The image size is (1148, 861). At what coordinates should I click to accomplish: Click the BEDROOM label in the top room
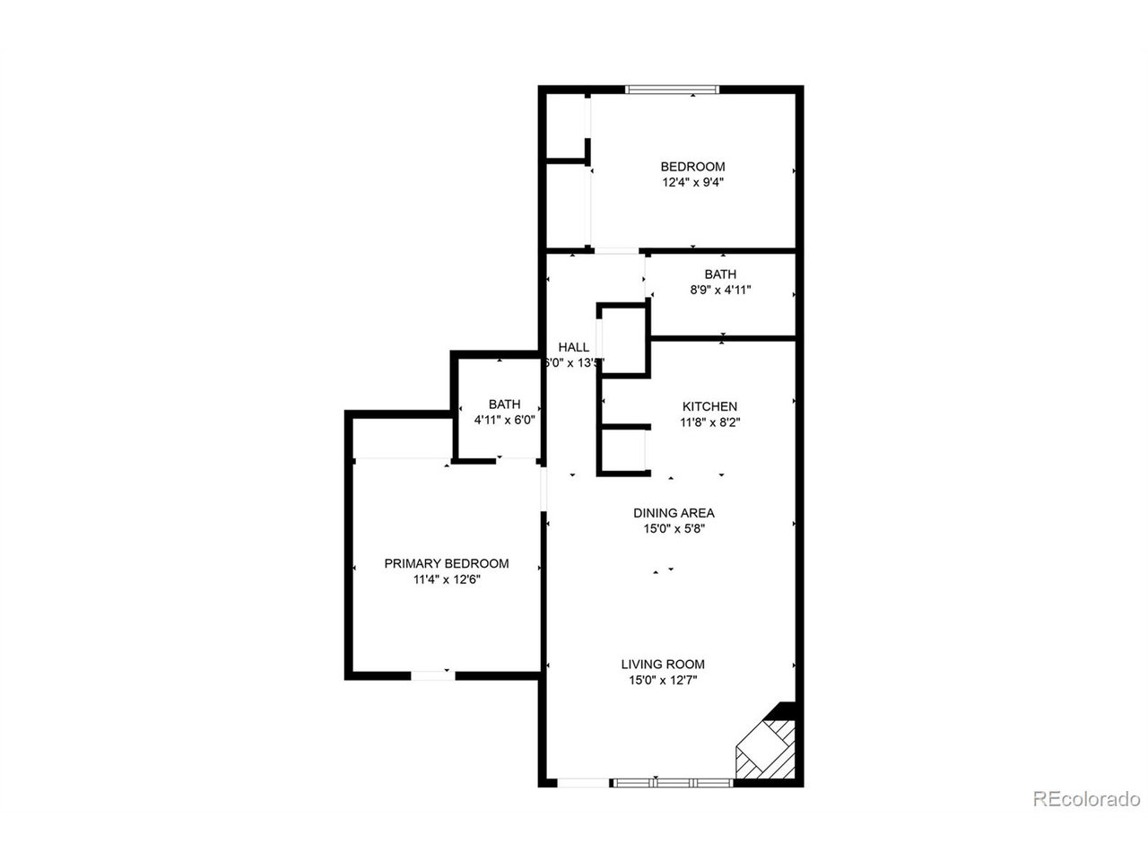coord(692,167)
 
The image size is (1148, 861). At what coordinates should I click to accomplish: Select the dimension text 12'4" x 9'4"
coord(692,182)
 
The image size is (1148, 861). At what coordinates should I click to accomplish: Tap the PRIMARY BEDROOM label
coord(447,563)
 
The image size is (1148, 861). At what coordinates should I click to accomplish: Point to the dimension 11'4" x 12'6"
coord(447,579)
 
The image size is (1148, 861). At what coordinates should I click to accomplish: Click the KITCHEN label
coord(709,406)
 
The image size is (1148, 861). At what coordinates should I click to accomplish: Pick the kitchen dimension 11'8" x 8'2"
coord(709,422)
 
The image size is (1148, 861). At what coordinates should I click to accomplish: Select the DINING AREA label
coord(674,513)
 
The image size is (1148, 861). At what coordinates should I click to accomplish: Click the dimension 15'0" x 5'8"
coord(674,529)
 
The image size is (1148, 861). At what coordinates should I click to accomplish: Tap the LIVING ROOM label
coord(663,665)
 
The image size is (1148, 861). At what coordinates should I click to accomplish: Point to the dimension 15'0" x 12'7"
coord(663,681)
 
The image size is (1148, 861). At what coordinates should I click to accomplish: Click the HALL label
coord(574,347)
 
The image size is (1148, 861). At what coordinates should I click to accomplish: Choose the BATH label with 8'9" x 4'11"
coord(720,274)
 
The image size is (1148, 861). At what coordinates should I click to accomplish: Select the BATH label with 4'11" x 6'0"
coord(504,404)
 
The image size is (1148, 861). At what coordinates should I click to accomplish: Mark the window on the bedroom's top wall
coord(672,89)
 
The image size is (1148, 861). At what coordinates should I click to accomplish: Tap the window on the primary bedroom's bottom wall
coord(432,674)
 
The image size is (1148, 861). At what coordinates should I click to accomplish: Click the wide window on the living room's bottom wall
coord(672,783)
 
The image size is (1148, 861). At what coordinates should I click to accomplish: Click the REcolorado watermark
coord(1086,798)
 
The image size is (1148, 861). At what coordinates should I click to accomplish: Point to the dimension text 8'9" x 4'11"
coord(720,290)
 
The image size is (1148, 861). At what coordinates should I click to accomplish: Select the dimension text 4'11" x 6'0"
coord(504,420)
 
